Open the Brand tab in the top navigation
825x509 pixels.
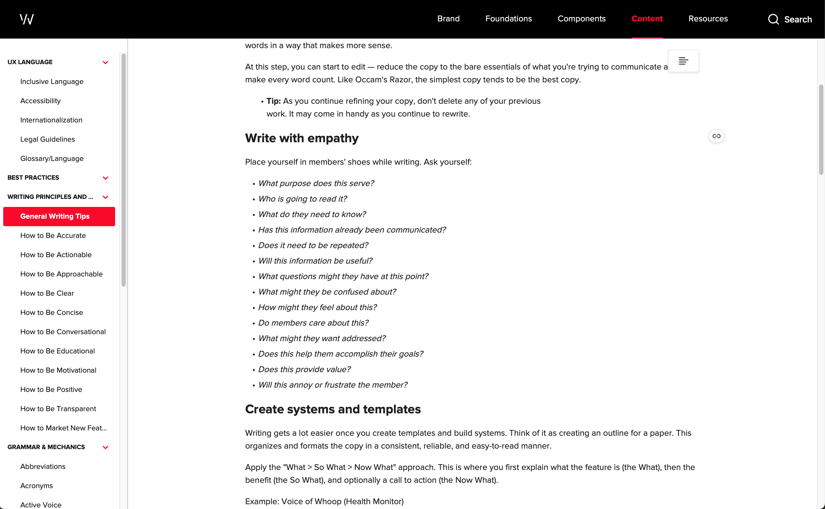pyautogui.click(x=448, y=19)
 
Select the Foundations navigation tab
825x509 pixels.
pyautogui.click(x=508, y=19)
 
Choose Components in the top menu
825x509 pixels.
pyautogui.click(x=581, y=19)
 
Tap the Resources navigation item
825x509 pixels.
pyautogui.click(x=708, y=19)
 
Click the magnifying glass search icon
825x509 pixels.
pyautogui.click(x=773, y=19)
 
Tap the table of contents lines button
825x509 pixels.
pyautogui.click(x=683, y=61)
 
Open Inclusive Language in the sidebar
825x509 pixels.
pyautogui.click(x=52, y=82)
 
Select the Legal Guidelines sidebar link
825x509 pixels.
pyautogui.click(x=48, y=139)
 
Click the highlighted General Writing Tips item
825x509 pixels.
pyautogui.click(x=55, y=216)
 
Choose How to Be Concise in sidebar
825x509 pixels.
pyautogui.click(x=52, y=313)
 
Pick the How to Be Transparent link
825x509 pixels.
pyautogui.click(x=58, y=409)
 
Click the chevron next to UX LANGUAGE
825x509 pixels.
pyautogui.click(x=105, y=62)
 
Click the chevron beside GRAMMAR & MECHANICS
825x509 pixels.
pyautogui.click(x=105, y=448)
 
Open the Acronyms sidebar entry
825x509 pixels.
pyautogui.click(x=36, y=485)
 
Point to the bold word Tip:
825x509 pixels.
pyautogui.click(x=273, y=101)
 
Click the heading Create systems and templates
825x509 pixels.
pyautogui.click(x=333, y=409)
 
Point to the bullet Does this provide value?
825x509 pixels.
pyautogui.click(x=304, y=369)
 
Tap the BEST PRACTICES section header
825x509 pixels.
pyautogui.click(x=33, y=178)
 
